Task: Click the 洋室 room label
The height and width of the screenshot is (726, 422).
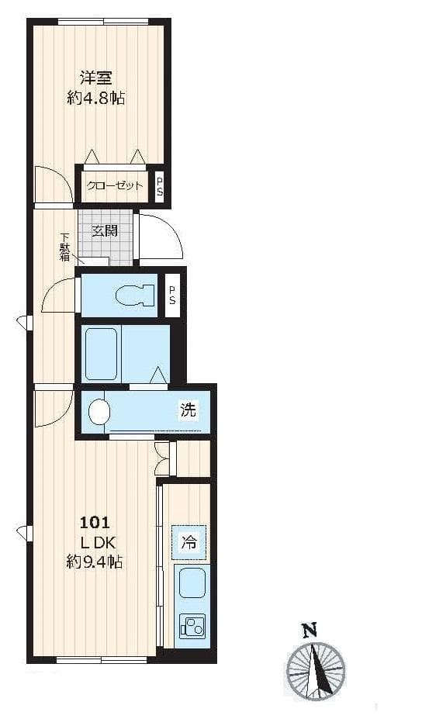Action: pos(96,78)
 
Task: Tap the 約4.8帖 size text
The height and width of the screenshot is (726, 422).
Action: pos(96,99)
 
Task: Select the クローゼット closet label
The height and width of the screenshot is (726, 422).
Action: pos(114,185)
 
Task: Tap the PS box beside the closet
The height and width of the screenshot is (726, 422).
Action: pos(160,186)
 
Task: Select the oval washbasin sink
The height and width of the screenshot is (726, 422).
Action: pos(99,412)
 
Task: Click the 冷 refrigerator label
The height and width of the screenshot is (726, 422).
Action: pos(189,542)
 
